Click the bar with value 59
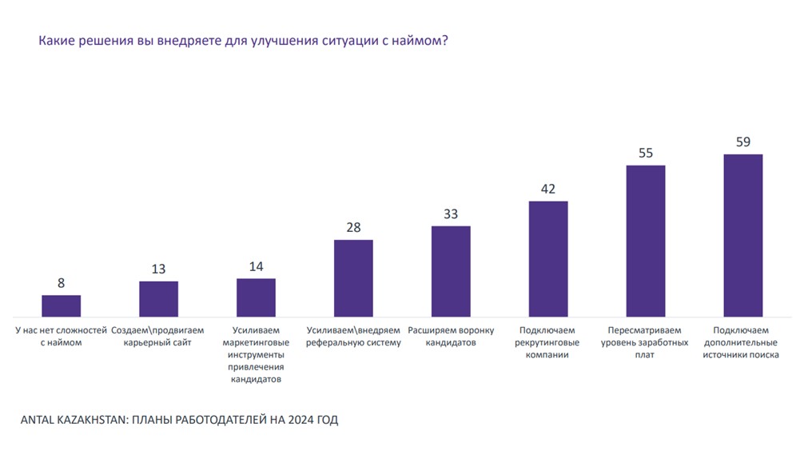[742, 236]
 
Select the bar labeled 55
[645, 241]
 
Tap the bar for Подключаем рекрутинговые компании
[548, 259]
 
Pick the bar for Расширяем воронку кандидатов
[451, 272]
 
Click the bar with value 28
[353, 278]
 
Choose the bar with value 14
[256, 297]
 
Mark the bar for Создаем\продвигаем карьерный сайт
[158, 299]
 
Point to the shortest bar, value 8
[61, 306]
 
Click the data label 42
[548, 190]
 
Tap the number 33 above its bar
[451, 214]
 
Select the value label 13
[158, 269]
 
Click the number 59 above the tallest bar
[742, 142]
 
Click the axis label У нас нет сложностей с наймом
[61, 336]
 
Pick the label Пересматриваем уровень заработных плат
[645, 342]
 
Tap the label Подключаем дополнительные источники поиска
[742, 342]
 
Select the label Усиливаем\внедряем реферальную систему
[353, 336]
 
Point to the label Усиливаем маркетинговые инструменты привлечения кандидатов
[256, 354]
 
